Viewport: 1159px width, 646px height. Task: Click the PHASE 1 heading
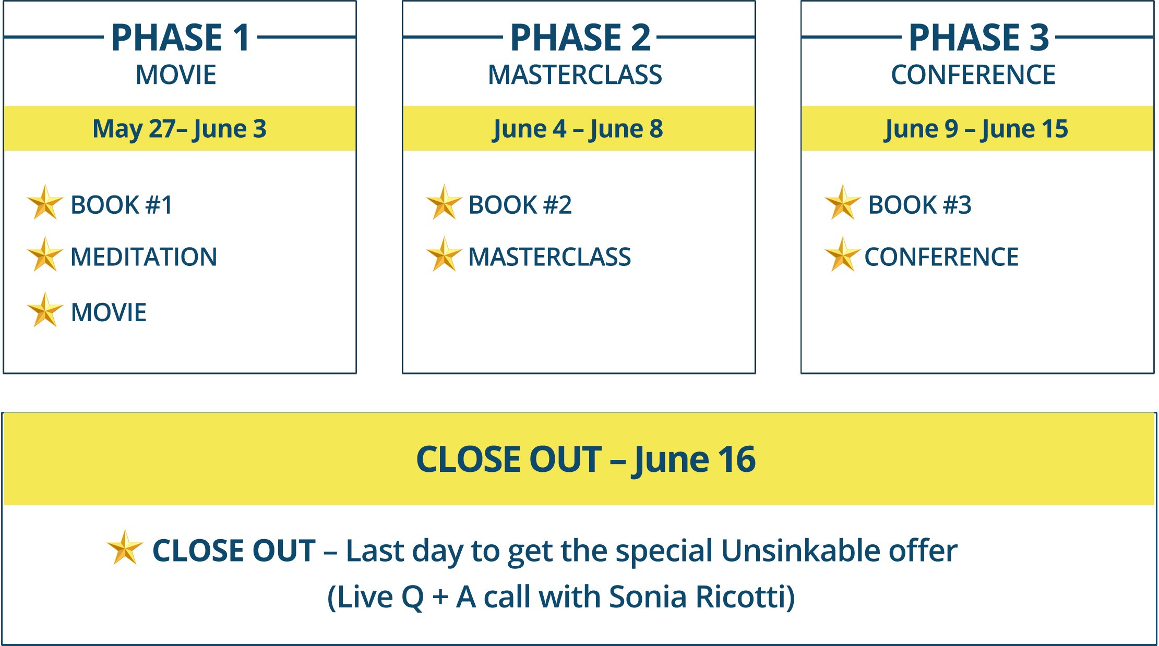click(x=181, y=38)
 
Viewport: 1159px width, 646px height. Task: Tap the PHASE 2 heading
click(x=580, y=38)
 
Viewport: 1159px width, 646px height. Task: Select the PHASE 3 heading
click(x=979, y=38)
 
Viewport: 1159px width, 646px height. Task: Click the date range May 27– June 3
click(x=180, y=129)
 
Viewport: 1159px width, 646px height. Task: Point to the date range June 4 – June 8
click(x=578, y=129)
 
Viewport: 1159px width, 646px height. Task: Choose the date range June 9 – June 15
click(x=976, y=129)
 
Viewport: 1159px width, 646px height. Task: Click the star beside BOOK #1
click(x=45, y=202)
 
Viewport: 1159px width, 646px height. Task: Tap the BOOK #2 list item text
click(x=520, y=205)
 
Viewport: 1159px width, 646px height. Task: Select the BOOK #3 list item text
click(x=919, y=205)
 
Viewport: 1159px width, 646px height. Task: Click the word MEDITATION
click(x=144, y=257)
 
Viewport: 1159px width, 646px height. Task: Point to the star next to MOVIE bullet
click(x=45, y=310)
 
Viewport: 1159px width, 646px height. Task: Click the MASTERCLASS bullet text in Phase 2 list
click(x=549, y=257)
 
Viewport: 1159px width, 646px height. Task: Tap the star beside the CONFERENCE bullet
click(x=842, y=254)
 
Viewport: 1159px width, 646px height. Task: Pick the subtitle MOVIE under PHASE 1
click(x=176, y=75)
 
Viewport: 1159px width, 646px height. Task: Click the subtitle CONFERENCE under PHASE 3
click(x=973, y=75)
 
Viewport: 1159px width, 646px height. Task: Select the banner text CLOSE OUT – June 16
click(x=586, y=460)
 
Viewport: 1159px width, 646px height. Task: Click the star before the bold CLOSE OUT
click(x=125, y=547)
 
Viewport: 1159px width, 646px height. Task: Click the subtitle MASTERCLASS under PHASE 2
click(x=575, y=75)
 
